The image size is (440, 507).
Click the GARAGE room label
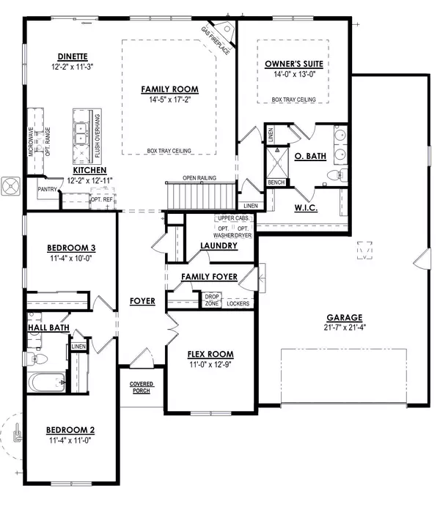[x=344, y=317]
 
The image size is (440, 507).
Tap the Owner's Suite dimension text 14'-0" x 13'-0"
[x=294, y=74]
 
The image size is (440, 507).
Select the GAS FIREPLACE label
[x=216, y=40]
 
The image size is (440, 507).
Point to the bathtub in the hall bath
[x=46, y=382]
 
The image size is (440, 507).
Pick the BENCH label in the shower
[x=276, y=182]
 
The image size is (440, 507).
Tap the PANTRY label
[x=47, y=189]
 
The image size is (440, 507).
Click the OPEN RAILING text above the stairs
[x=199, y=178]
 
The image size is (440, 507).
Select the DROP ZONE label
[x=212, y=300]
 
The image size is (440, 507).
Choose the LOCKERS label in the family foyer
[x=238, y=303]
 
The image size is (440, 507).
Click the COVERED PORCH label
[x=142, y=388]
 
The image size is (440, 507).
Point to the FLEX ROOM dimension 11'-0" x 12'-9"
[x=210, y=365]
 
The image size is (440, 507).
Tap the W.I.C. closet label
[x=306, y=208]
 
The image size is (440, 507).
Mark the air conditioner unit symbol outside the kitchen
[x=11, y=186]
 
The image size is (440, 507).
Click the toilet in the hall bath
[x=37, y=358]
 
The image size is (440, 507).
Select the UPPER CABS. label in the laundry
[x=234, y=218]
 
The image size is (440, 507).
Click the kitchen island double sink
[x=80, y=133]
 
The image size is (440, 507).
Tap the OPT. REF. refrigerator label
[x=102, y=199]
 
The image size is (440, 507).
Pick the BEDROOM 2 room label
[x=70, y=430]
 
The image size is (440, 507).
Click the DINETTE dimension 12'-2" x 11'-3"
[x=73, y=67]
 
